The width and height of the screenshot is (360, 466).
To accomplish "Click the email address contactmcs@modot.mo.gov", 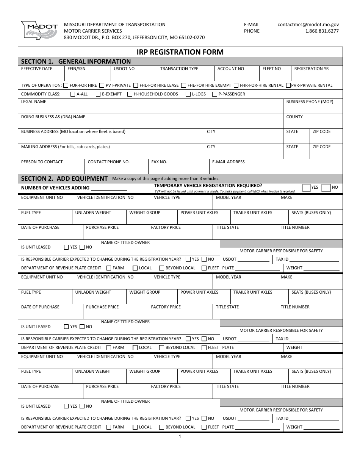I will (x=308, y=24).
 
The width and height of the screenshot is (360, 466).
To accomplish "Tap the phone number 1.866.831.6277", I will (x=322, y=31).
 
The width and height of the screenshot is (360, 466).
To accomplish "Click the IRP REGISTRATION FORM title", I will (x=180, y=52).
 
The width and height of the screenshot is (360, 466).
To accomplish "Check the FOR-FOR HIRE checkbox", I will (x=66, y=85).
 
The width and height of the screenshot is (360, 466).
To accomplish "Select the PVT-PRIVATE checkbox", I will (x=102, y=85).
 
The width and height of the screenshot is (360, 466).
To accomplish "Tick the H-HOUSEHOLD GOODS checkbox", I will (x=130, y=94).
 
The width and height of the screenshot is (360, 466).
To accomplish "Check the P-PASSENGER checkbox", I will (x=215, y=94).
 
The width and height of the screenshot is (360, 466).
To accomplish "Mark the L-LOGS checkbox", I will (x=188, y=94).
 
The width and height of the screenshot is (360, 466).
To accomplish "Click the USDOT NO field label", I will (x=124, y=69).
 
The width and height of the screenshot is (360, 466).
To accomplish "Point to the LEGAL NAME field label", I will (x=34, y=102).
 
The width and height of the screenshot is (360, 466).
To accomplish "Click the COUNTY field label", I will (x=294, y=117).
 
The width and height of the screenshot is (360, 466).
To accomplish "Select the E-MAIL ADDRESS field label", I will (x=228, y=162).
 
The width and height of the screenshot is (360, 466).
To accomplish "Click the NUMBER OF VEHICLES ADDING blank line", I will (x=109, y=188).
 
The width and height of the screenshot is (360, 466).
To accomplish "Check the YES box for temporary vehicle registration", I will (x=307, y=188).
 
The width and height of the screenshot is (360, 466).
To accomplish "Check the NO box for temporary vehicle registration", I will (x=326, y=188).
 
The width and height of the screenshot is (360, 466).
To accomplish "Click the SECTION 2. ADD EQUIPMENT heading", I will (x=64, y=178).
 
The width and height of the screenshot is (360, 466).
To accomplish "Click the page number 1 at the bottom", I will (x=180, y=436).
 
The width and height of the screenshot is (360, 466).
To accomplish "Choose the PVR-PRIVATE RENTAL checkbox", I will (x=288, y=85).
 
